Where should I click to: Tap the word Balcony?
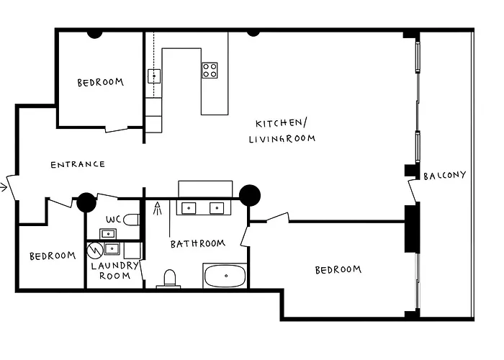(444, 176)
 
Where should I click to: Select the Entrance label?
(78, 164)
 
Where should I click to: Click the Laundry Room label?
(114, 271)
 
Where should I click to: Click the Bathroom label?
(197, 244)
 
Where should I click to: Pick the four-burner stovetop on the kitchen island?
(210, 70)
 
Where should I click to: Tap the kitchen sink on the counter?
(153, 75)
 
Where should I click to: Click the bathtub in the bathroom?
(225, 276)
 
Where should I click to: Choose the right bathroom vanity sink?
(215, 208)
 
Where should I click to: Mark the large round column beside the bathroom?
(249, 195)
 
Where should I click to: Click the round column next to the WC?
(86, 202)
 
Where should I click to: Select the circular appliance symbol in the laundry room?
(95, 250)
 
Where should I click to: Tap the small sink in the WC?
(107, 233)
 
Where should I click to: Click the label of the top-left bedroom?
(100, 83)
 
